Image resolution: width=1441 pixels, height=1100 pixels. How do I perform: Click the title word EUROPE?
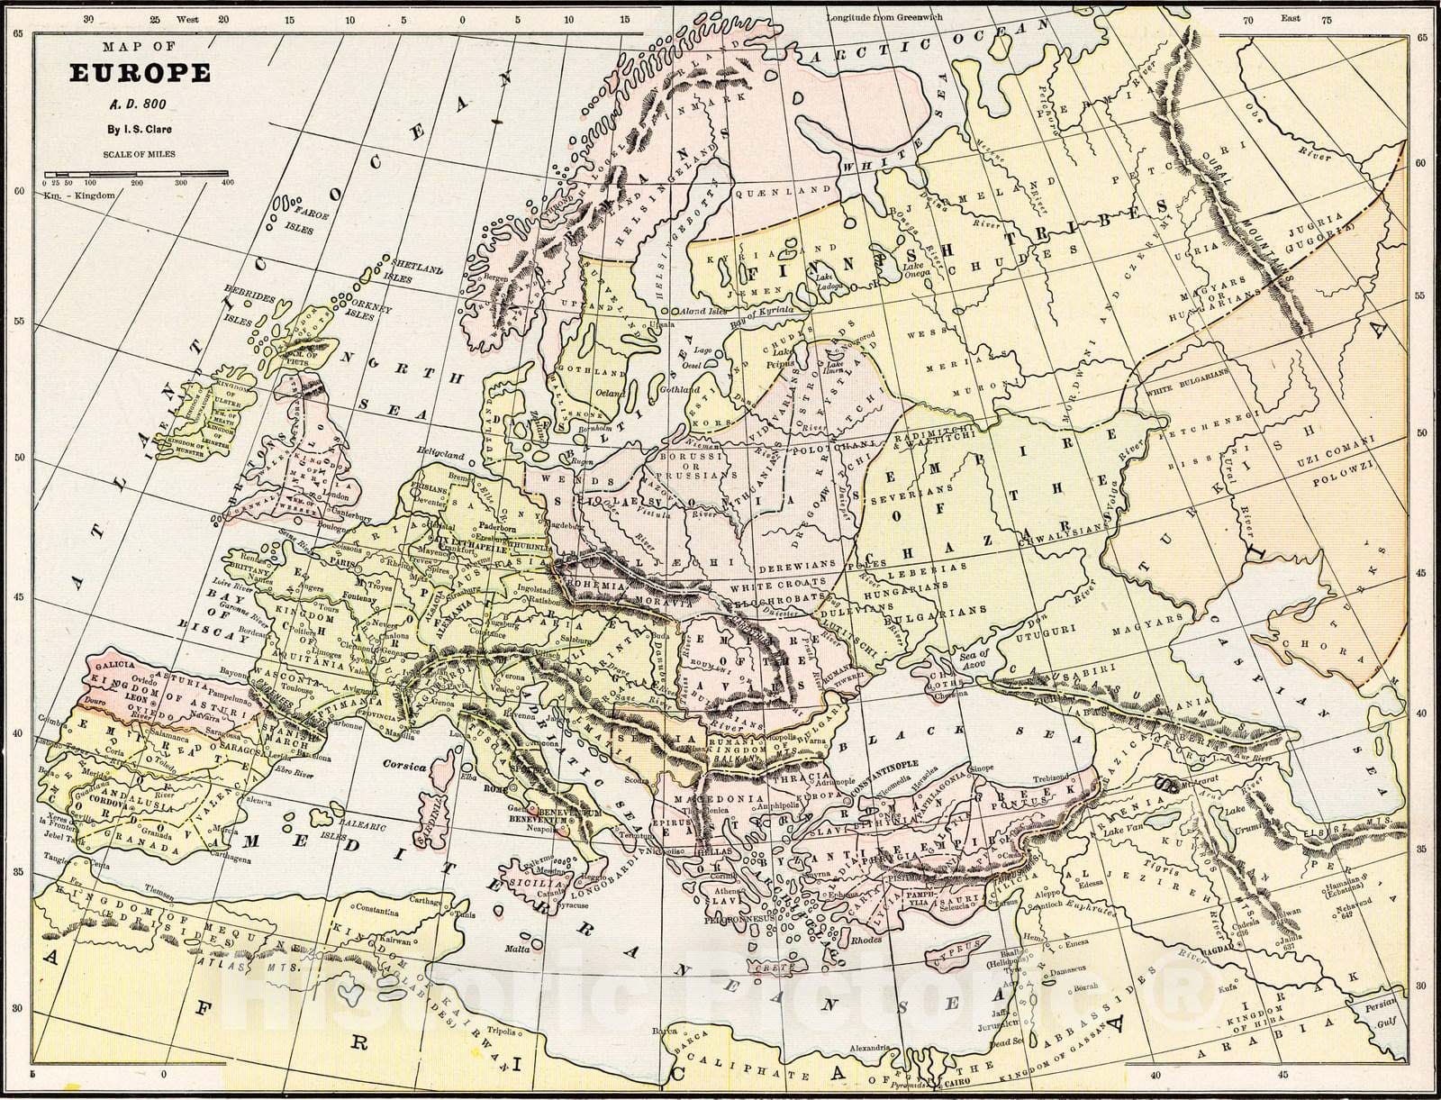tap(140, 73)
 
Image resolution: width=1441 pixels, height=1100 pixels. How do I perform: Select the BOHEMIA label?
tap(594, 586)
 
